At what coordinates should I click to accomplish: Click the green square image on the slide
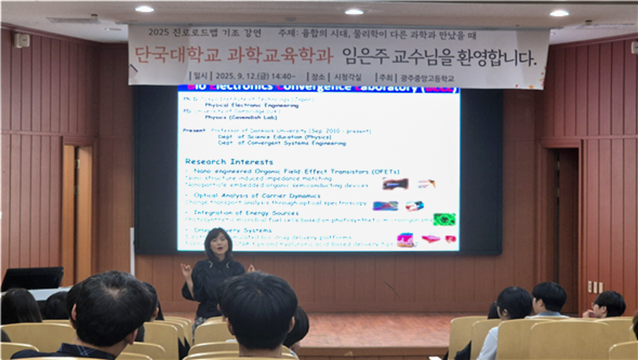444,219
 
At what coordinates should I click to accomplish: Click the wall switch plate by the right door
594,286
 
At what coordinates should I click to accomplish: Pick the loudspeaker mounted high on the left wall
23,41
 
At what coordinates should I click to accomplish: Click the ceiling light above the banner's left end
144,9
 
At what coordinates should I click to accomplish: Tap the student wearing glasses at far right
606,305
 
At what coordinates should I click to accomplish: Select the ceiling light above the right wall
559,13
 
